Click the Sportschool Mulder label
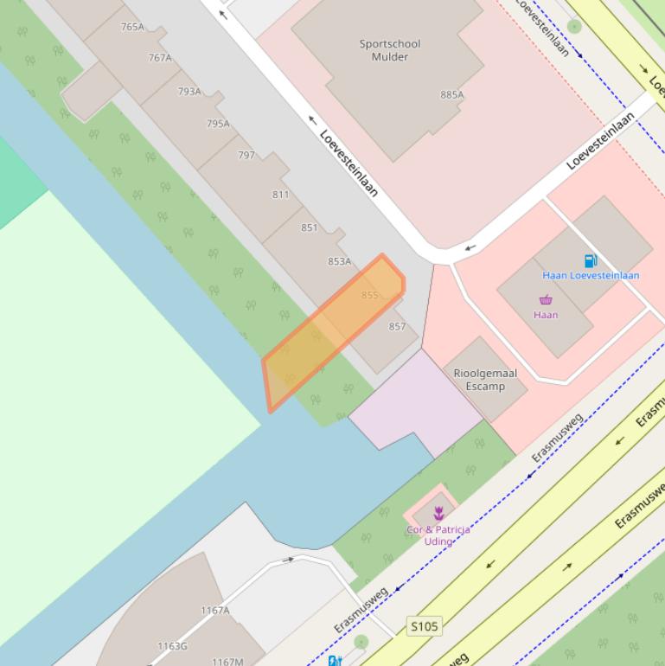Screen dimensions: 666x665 [x=389, y=50]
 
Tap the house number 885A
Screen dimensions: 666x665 [x=452, y=95]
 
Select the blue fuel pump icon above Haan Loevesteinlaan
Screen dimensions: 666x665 [x=591, y=260]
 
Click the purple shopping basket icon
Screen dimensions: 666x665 [x=546, y=300]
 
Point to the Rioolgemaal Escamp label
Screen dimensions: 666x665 [x=485, y=380]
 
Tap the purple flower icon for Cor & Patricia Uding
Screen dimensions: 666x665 [x=438, y=514]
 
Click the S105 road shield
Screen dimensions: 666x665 [x=425, y=625]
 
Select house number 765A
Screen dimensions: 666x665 [x=132, y=27]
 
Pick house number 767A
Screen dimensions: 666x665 [x=160, y=58]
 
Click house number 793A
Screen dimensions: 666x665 [x=189, y=92]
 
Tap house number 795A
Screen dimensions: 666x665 [x=218, y=124]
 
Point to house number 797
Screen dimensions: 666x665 [x=246, y=156]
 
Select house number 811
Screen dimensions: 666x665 [x=280, y=195]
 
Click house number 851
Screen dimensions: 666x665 [x=310, y=227]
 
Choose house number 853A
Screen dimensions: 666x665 [x=339, y=261]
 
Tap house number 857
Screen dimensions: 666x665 [x=397, y=326]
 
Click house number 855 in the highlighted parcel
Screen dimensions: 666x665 [x=370, y=295]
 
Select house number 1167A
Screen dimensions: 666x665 [x=215, y=611]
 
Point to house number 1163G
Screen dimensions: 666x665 [x=172, y=646]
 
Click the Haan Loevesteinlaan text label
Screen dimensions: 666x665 [x=591, y=275]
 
